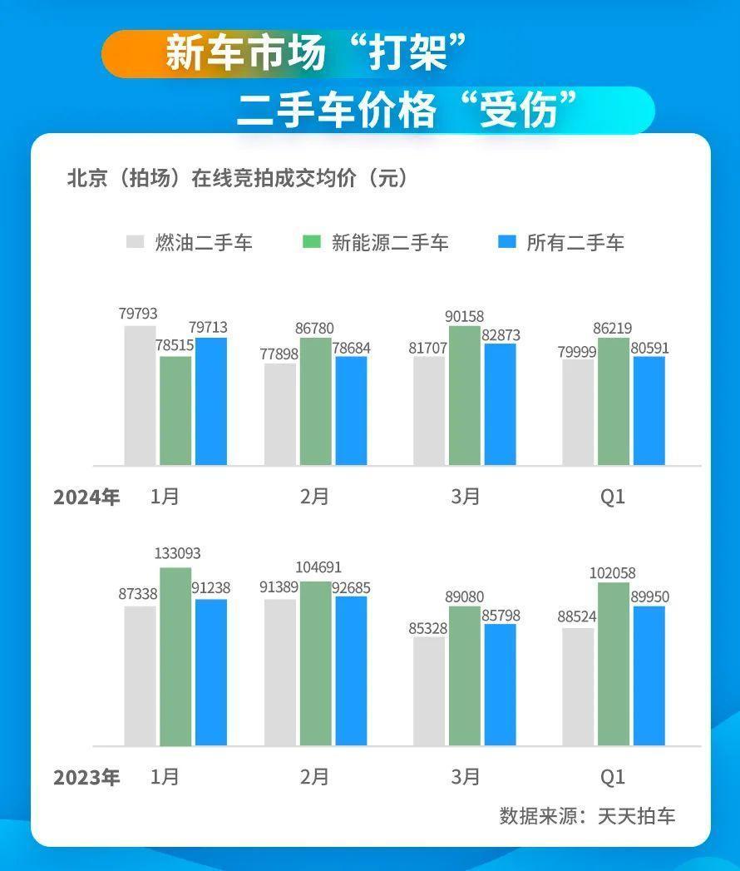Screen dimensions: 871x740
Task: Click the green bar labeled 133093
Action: pyautogui.click(x=175, y=656)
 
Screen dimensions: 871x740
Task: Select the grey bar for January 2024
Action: pyautogui.click(x=140, y=396)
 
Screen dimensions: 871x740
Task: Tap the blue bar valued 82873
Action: pyautogui.click(x=501, y=404)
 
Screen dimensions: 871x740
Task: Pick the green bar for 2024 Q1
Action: pyautogui.click(x=614, y=402)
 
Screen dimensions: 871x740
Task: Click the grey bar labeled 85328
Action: pyautogui.click(x=430, y=691)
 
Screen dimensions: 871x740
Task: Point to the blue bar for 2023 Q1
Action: pyautogui.click(x=649, y=676)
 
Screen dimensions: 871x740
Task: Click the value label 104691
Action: pyautogui.click(x=316, y=567)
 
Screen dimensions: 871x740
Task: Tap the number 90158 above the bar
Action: pyautogui.click(x=465, y=316)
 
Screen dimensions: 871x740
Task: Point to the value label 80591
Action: pyautogui.click(x=649, y=348)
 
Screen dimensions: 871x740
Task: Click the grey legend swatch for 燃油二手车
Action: pyautogui.click(x=135, y=242)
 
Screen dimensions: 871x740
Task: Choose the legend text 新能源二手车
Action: pyautogui.click(x=390, y=243)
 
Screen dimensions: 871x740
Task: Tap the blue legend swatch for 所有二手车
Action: pyautogui.click(x=507, y=242)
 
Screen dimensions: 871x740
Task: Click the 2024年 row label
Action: pyautogui.click(x=86, y=497)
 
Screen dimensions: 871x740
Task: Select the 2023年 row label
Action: pyautogui.click(x=86, y=777)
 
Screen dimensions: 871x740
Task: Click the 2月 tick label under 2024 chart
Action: pyautogui.click(x=315, y=497)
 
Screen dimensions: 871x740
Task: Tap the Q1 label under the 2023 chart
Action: pyautogui.click(x=613, y=777)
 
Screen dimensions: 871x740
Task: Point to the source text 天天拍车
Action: pyautogui.click(x=636, y=815)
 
